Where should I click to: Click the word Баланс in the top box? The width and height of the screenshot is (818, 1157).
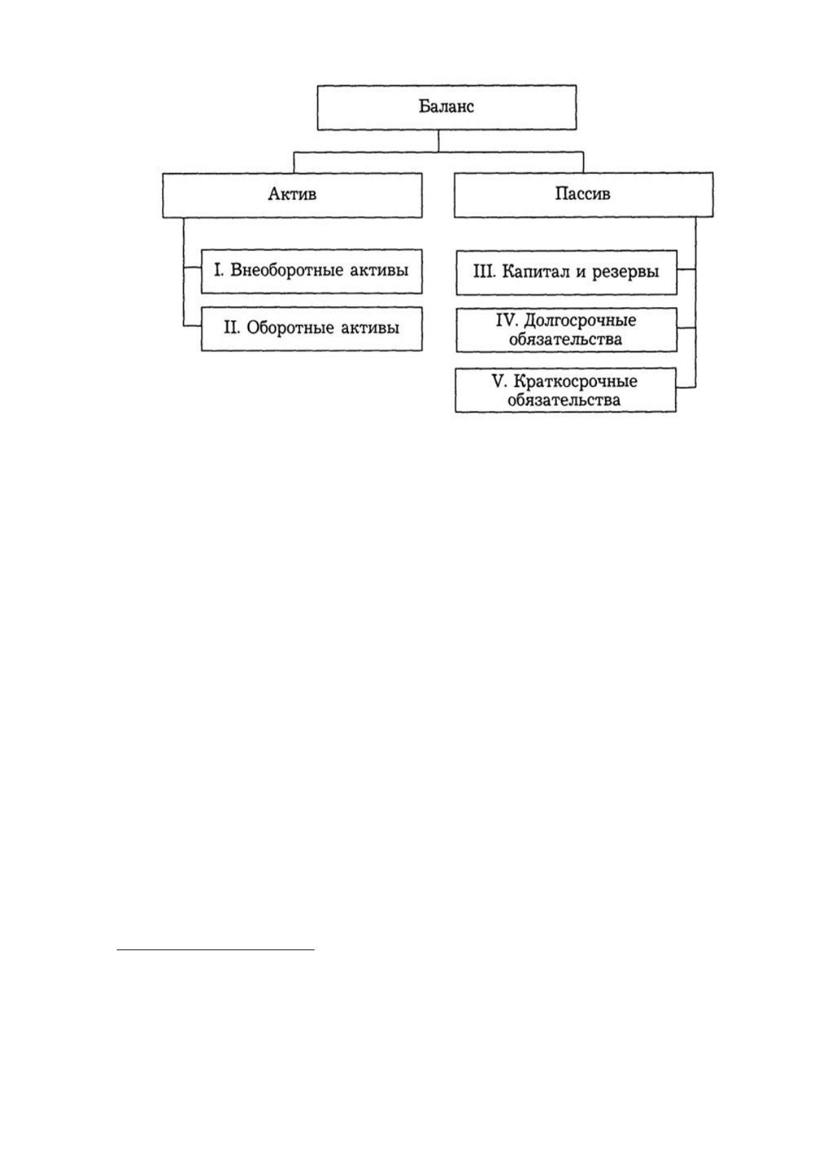(x=446, y=107)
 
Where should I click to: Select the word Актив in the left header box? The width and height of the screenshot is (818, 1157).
(x=293, y=194)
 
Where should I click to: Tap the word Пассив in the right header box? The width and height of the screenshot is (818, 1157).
(x=583, y=194)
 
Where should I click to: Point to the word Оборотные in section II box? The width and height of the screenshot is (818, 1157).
(x=291, y=328)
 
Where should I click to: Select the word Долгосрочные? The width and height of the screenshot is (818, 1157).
(x=580, y=321)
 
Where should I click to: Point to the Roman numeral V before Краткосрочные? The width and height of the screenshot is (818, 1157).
(x=499, y=381)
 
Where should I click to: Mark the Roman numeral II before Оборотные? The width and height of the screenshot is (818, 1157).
(x=232, y=328)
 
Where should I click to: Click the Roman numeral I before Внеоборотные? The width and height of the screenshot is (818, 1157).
(x=218, y=271)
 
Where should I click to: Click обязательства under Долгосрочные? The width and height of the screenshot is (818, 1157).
(x=565, y=340)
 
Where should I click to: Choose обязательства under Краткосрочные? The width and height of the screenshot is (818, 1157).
(x=565, y=401)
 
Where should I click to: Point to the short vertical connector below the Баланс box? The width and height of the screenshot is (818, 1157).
(x=438, y=140)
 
